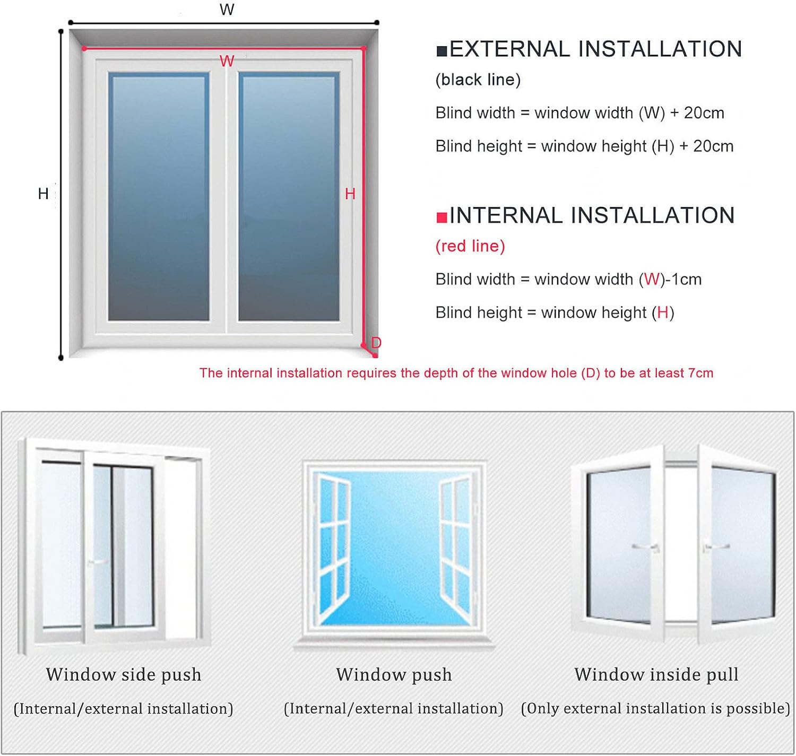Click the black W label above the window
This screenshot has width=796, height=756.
tap(227, 10)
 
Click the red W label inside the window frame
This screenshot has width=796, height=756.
tap(227, 61)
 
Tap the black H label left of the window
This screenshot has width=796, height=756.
tap(43, 194)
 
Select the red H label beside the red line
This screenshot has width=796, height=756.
tap(350, 194)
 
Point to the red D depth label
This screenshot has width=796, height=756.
tap(376, 343)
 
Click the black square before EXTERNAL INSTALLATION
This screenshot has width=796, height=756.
tap(442, 51)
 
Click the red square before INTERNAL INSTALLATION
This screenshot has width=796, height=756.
tap(442, 218)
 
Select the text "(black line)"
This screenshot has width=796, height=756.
tap(478, 80)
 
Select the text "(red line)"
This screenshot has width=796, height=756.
tap(470, 246)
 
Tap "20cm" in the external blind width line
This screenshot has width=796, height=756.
tap(704, 113)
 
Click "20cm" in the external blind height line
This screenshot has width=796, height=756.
tap(713, 146)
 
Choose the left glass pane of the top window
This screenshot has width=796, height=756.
tap(159, 197)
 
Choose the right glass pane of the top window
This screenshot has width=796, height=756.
tap(289, 197)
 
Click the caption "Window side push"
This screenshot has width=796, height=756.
tap(124, 675)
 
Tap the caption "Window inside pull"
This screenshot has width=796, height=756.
tap(656, 675)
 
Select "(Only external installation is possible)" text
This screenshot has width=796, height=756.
tap(655, 709)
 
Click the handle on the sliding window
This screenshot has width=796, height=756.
tap(97, 562)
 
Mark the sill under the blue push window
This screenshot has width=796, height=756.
tap(394, 642)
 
